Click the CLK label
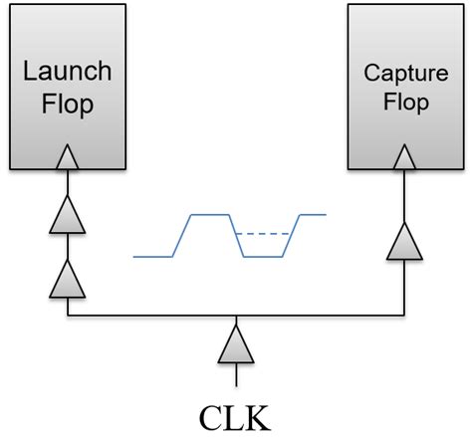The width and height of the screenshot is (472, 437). click(235, 412)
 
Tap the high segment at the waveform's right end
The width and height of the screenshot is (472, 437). click(314, 214)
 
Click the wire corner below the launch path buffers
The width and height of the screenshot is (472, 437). click(67, 316)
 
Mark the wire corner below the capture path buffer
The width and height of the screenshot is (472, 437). click(404, 316)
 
